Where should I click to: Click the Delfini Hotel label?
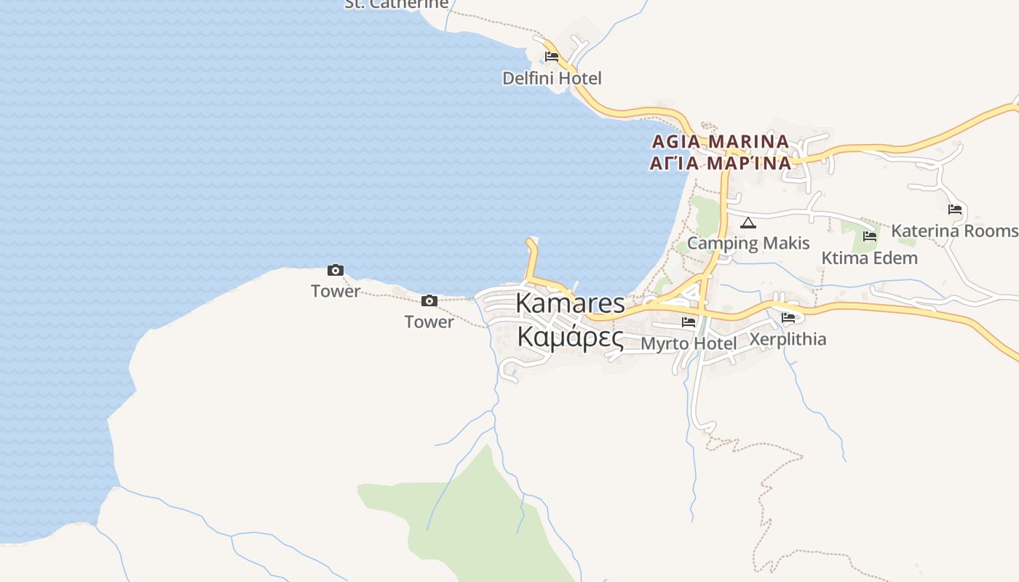tap(552, 78)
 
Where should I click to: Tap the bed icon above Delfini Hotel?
tap(552, 57)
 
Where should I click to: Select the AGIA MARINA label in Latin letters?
tap(720, 141)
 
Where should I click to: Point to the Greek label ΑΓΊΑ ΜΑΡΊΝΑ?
tap(720, 163)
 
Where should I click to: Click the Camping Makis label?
tap(748, 243)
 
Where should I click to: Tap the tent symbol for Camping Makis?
tap(748, 223)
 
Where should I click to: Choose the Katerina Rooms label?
tap(955, 231)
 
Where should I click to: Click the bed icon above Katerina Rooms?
tap(955, 210)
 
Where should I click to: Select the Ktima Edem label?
tap(869, 258)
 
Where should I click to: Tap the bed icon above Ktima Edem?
tap(869, 236)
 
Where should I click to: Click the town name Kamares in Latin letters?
tap(570, 303)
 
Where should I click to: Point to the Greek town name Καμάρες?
tap(570, 337)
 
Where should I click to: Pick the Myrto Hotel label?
tap(688, 343)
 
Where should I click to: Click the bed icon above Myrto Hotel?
tap(688, 322)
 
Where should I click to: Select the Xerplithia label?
tap(788, 339)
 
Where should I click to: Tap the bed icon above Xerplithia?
tap(788, 318)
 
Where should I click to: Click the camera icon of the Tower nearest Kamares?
tap(429, 300)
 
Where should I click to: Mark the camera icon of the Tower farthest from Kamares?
tap(335, 271)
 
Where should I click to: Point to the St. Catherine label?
tap(396, 4)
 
